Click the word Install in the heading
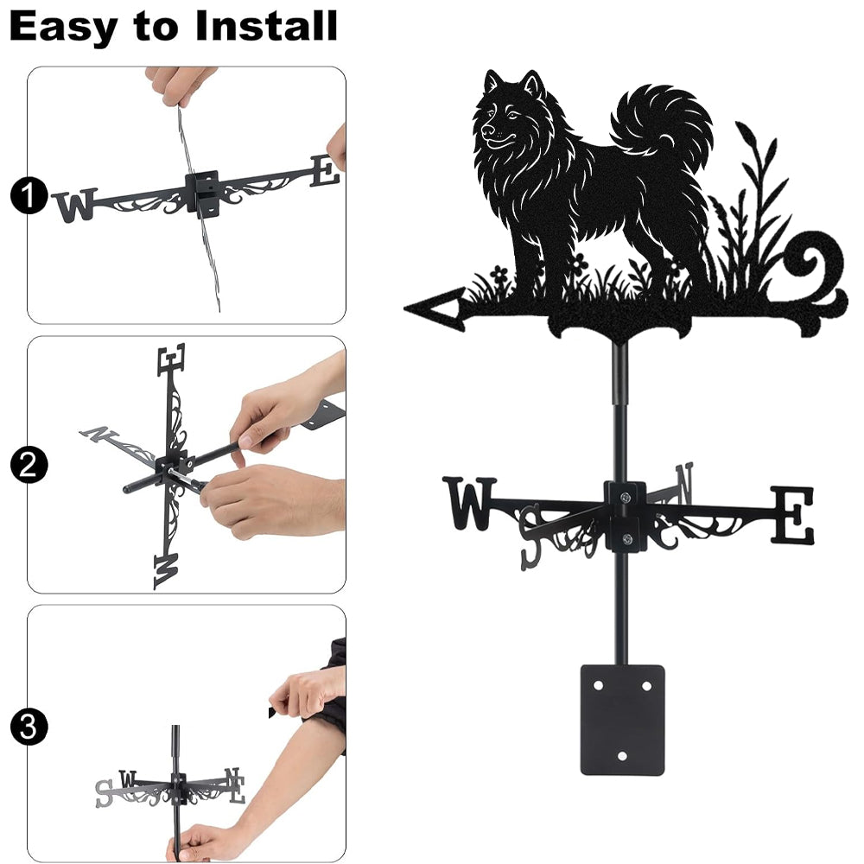click(x=266, y=26)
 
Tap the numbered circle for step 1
click(x=29, y=195)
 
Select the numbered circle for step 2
click(x=29, y=465)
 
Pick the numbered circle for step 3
click(x=29, y=727)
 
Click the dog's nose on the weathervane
click(x=487, y=131)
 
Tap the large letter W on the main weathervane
click(x=469, y=503)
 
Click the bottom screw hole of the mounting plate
click(x=622, y=756)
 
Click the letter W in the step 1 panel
click(x=75, y=205)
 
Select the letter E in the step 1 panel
click(x=325, y=170)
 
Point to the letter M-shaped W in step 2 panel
click(x=167, y=571)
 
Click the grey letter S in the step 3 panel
click(x=104, y=793)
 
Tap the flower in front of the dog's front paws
click(x=499, y=273)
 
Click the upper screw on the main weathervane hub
click(x=625, y=499)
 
